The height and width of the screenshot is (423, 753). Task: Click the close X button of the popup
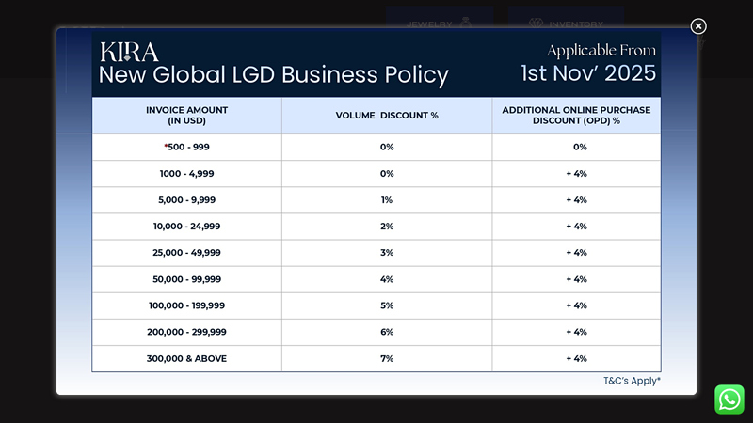click(698, 26)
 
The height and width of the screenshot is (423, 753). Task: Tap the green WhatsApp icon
click(729, 399)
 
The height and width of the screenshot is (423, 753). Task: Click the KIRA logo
click(129, 52)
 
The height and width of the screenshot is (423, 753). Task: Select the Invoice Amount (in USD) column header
click(186, 115)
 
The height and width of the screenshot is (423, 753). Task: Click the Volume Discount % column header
click(387, 115)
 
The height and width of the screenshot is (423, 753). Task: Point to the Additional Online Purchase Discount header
click(576, 115)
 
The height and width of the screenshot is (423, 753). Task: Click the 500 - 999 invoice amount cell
click(186, 147)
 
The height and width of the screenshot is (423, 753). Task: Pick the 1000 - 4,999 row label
click(186, 174)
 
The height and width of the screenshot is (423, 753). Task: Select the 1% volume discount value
click(387, 200)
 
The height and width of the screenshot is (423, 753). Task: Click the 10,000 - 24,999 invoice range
click(186, 227)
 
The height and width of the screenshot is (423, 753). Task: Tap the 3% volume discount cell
click(387, 253)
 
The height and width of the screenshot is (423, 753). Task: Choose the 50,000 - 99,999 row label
click(186, 279)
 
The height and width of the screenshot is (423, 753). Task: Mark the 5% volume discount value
click(387, 305)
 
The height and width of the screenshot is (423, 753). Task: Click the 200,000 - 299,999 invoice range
click(186, 332)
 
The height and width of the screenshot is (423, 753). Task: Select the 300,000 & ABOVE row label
click(186, 358)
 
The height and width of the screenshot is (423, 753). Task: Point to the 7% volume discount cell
click(387, 358)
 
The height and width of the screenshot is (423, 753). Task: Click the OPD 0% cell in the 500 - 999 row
click(580, 147)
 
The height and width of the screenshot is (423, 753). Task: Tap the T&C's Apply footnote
click(632, 381)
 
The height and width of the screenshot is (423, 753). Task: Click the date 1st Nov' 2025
click(588, 73)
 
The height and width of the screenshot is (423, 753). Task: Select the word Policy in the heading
click(417, 75)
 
